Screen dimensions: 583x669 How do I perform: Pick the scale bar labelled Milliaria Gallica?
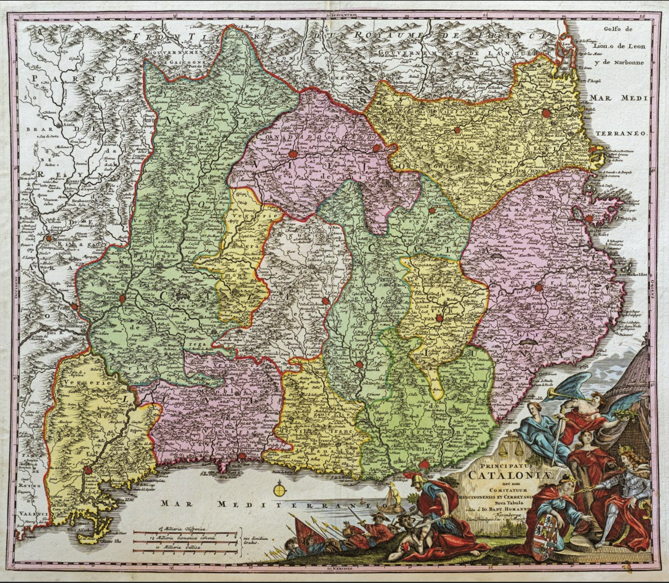click(185, 548)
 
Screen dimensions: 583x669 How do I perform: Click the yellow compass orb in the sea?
click(280, 491)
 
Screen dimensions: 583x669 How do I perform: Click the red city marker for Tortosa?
click(88, 470)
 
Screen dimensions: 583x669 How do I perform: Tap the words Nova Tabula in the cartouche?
click(487, 503)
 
